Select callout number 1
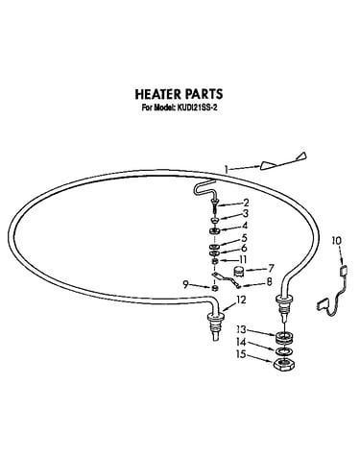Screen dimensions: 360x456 [x=227, y=169]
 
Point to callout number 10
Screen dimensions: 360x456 [x=336, y=240]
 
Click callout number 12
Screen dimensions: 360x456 [x=241, y=300]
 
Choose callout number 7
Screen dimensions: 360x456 [x=271, y=268]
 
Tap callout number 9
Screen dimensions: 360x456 [x=185, y=284]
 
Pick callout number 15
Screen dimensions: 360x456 [x=241, y=354]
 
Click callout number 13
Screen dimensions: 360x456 [x=241, y=329]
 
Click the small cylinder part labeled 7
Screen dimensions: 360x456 [x=238, y=272]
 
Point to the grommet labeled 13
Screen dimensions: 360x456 [x=283, y=338]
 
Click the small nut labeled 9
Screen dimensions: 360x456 [x=215, y=288]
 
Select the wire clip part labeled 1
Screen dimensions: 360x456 [x=283, y=161]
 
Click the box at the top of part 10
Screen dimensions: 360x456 [x=344, y=271]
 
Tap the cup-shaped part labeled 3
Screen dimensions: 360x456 [x=214, y=220]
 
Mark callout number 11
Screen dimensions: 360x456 [x=243, y=259]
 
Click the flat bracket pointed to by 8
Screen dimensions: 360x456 [x=228, y=279]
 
